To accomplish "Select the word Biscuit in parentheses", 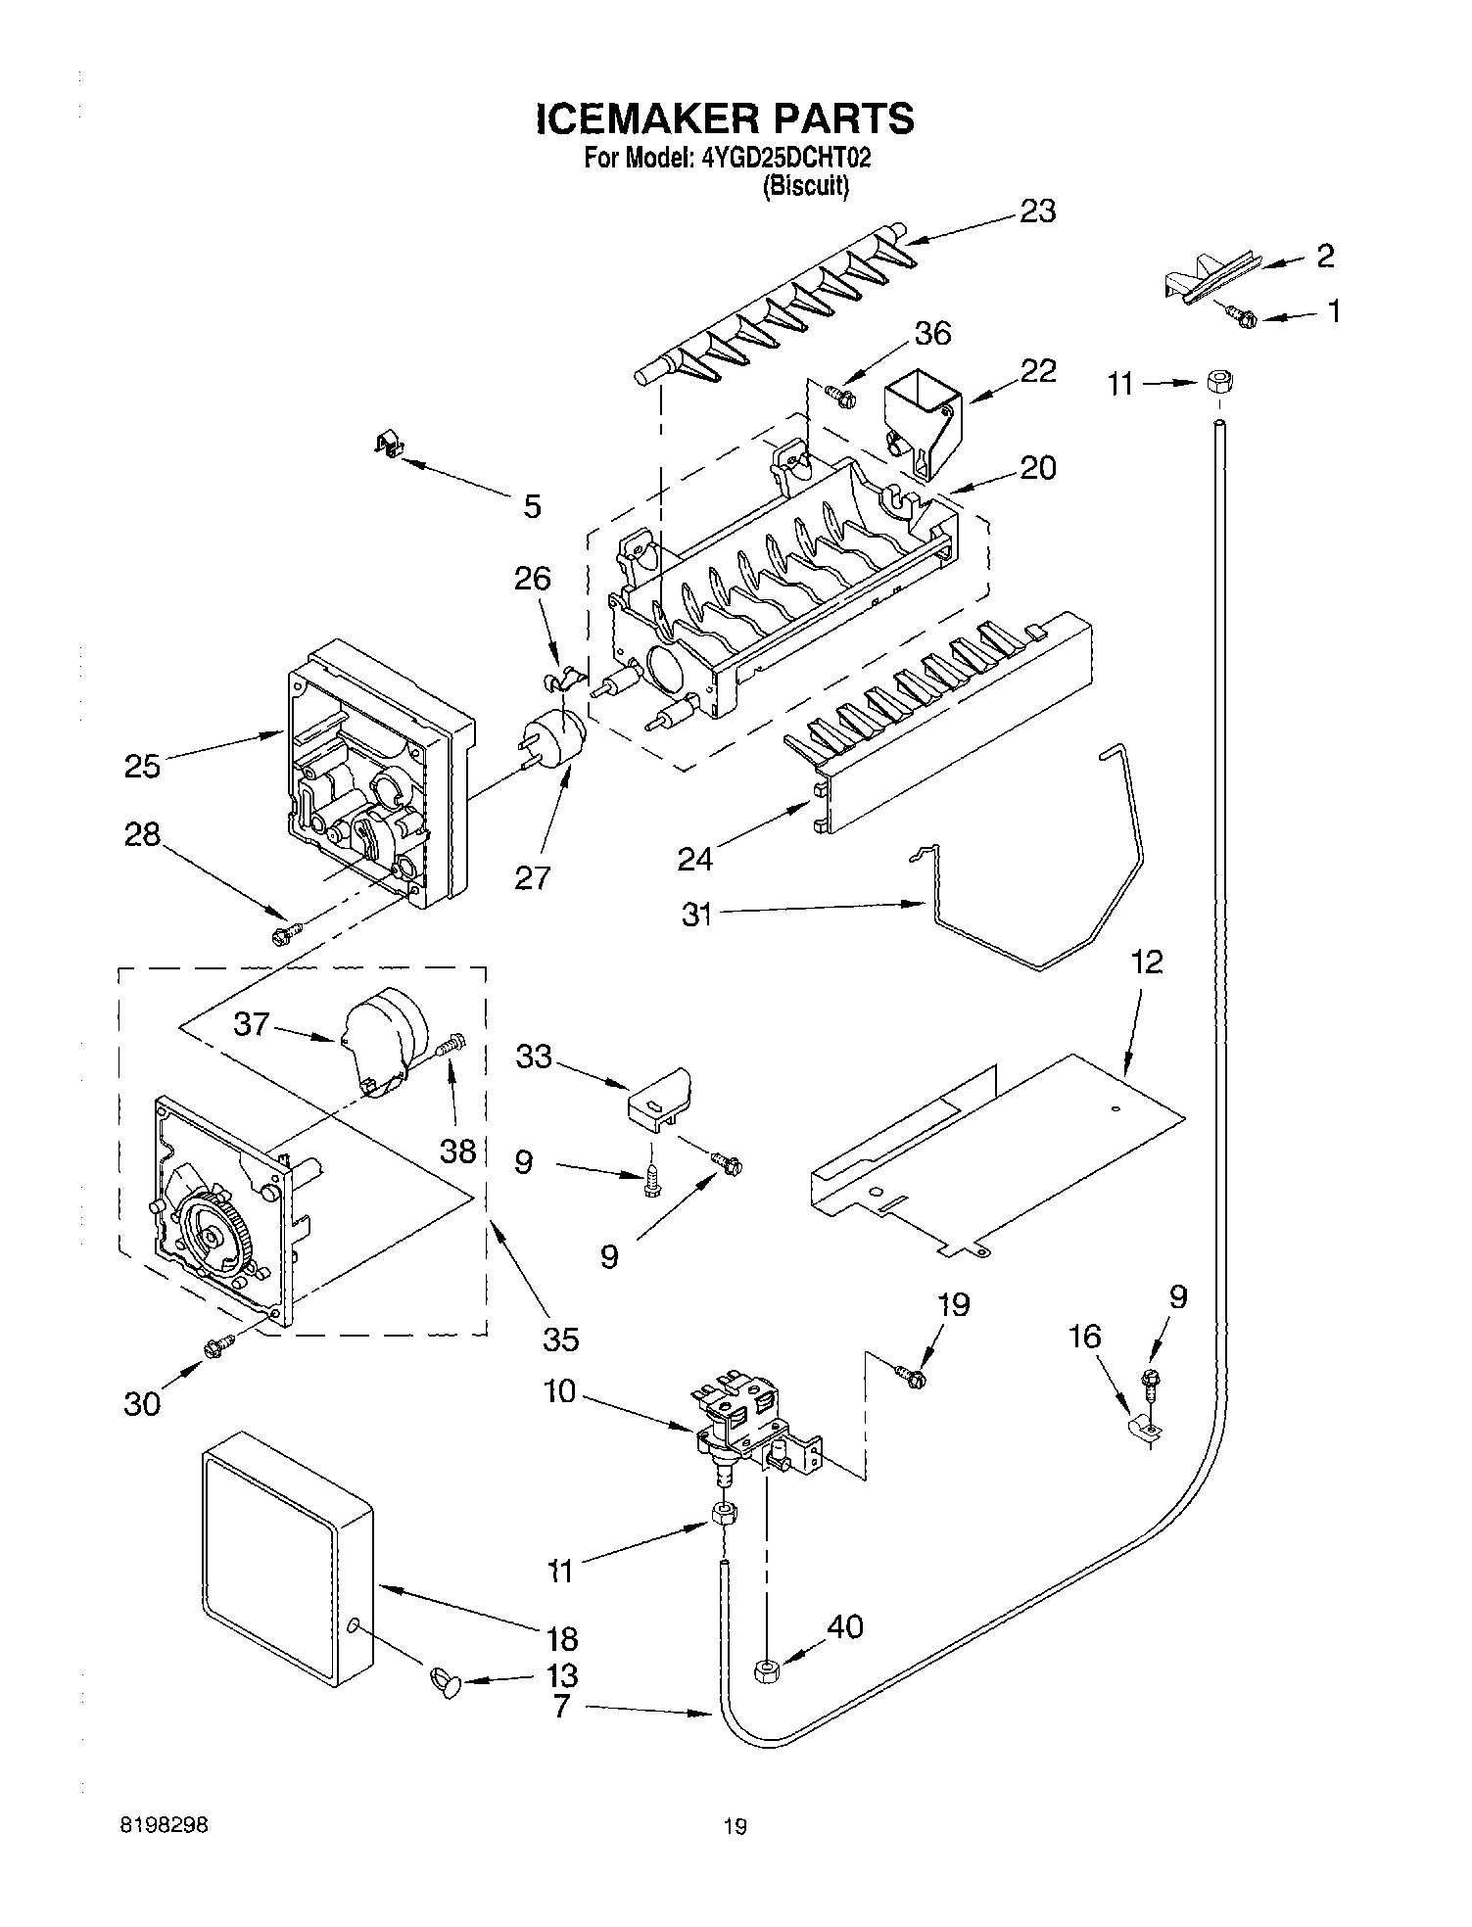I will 805,186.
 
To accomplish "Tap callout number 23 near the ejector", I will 1037,211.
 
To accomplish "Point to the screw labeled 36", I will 840,396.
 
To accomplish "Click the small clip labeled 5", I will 390,446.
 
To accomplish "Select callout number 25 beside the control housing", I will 142,765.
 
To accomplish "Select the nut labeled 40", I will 766,1671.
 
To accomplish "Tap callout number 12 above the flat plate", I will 1147,963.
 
